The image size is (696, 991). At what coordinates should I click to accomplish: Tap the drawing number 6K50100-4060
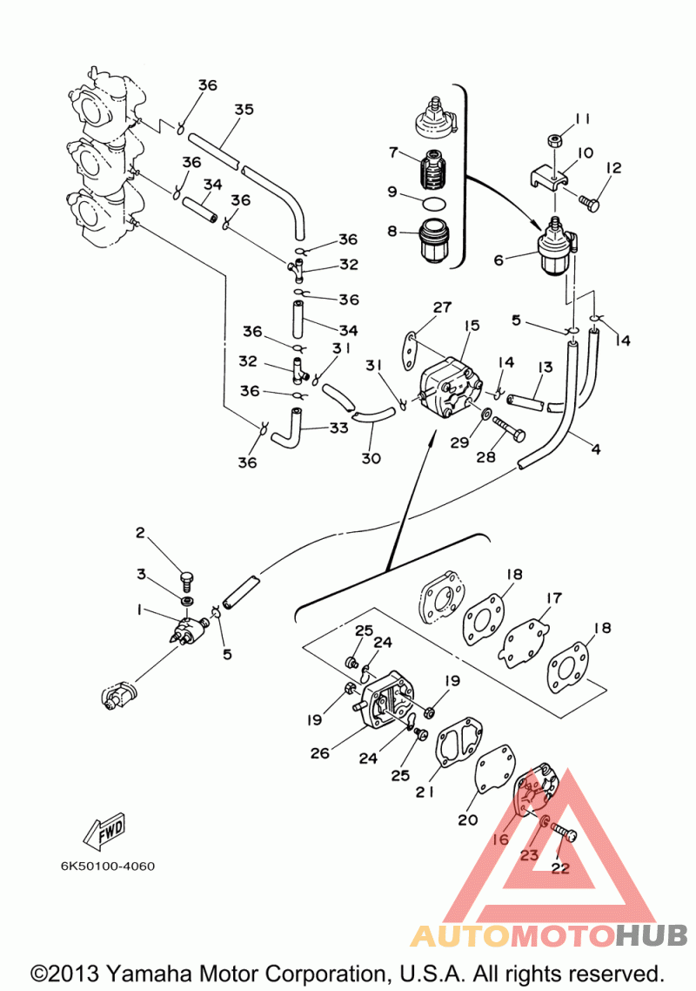pyautogui.click(x=108, y=866)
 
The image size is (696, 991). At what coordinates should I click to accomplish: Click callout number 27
pyautogui.click(x=443, y=307)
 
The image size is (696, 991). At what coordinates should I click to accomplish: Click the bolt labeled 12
pyautogui.click(x=588, y=203)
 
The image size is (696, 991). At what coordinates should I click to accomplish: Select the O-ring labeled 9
pyautogui.click(x=432, y=203)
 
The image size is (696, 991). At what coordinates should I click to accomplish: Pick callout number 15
pyautogui.click(x=472, y=326)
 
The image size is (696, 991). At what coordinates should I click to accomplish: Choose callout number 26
pyautogui.click(x=320, y=752)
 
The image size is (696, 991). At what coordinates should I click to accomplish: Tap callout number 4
pyautogui.click(x=596, y=450)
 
